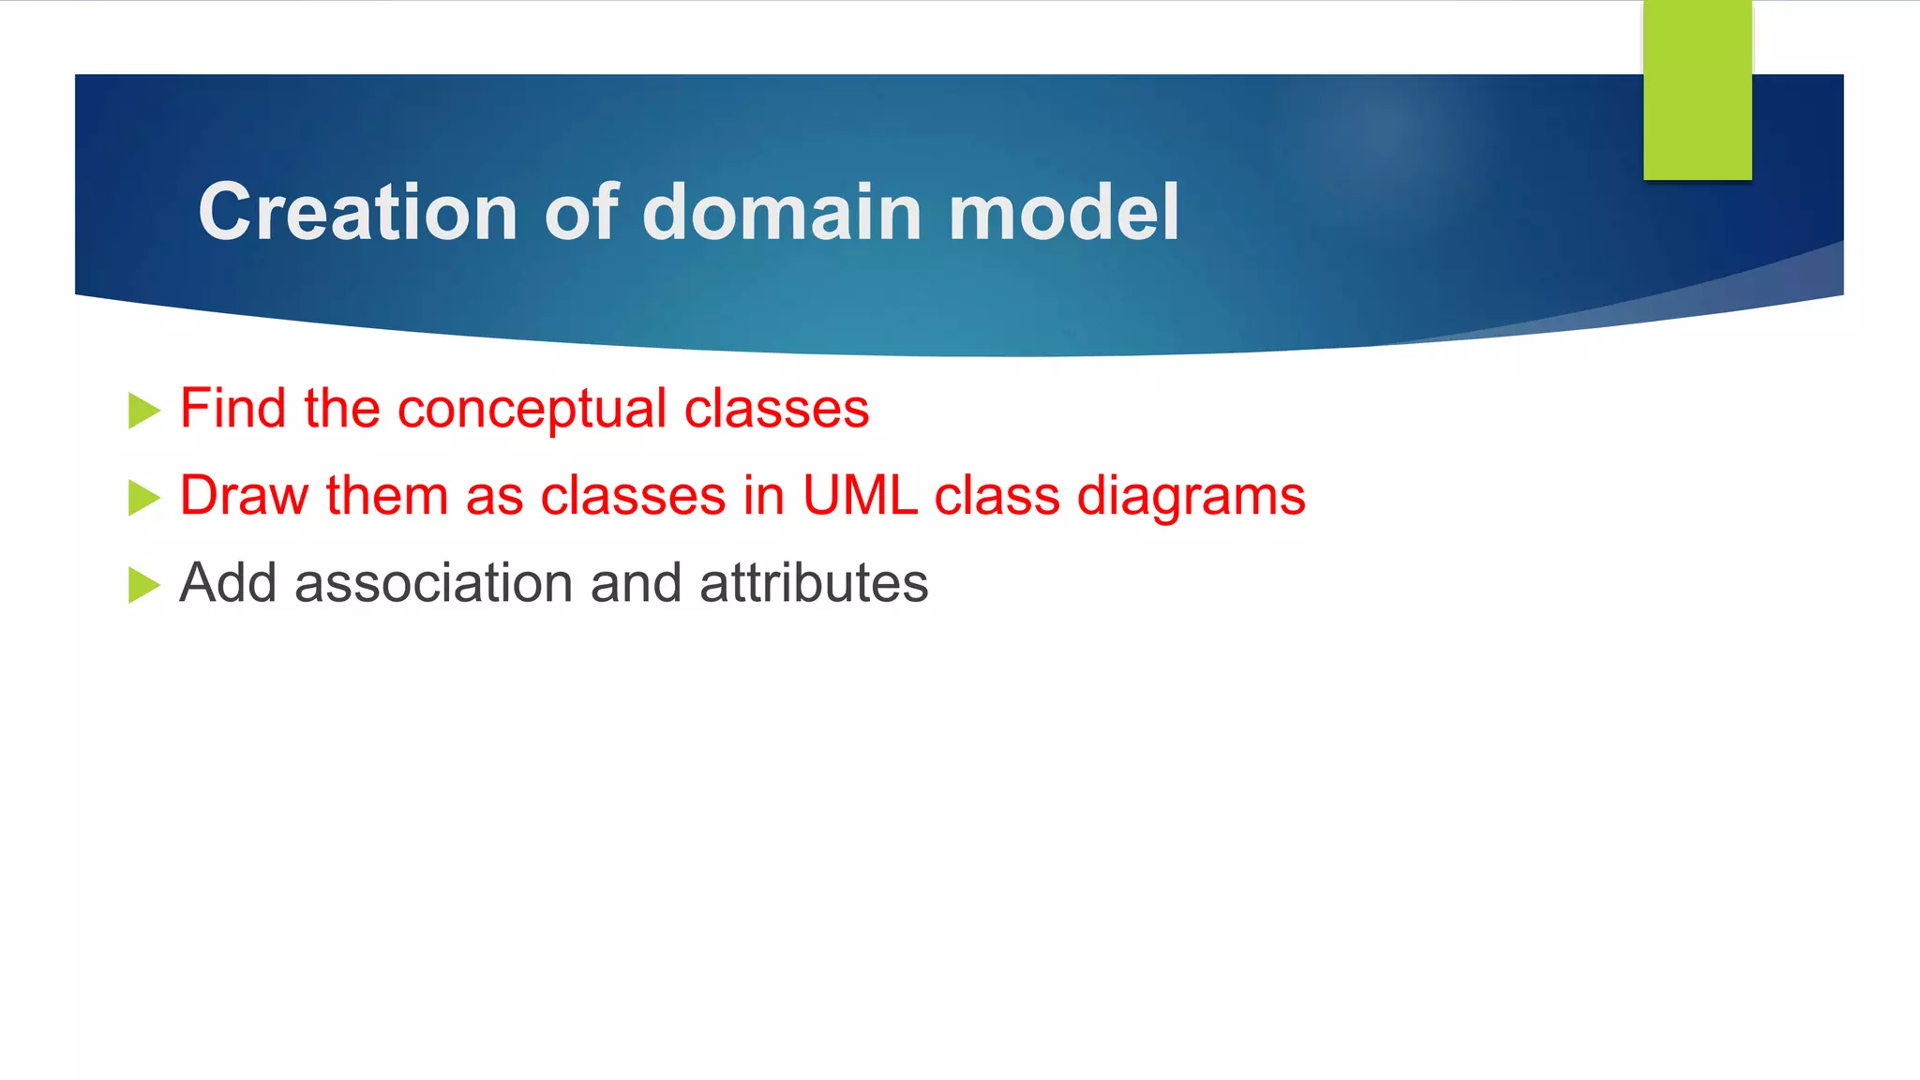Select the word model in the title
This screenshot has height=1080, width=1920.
coord(1064,212)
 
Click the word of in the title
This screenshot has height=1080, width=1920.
coord(581,212)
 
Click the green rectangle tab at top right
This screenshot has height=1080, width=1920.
coord(1697,90)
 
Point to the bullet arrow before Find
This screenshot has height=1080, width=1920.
coord(143,411)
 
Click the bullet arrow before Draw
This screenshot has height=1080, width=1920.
coord(143,498)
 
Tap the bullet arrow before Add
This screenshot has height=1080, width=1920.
coord(143,585)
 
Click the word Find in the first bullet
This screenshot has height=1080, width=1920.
coord(233,409)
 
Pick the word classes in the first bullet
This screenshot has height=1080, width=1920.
coord(776,409)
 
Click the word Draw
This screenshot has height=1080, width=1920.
coord(244,496)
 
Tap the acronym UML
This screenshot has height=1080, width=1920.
coord(860,496)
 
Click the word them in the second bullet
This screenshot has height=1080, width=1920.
coord(386,496)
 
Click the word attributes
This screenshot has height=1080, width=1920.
coord(814,583)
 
